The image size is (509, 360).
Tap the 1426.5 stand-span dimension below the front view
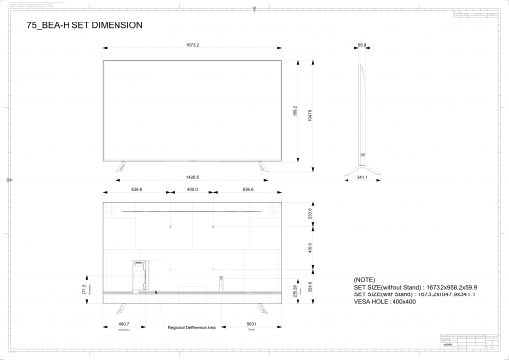(192, 177)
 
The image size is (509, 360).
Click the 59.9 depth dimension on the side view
(362, 46)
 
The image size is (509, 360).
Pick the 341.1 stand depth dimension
(362, 179)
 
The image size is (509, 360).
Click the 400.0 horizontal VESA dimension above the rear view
(192, 189)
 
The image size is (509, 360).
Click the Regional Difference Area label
(192, 328)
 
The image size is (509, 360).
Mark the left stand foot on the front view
(121, 159)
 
